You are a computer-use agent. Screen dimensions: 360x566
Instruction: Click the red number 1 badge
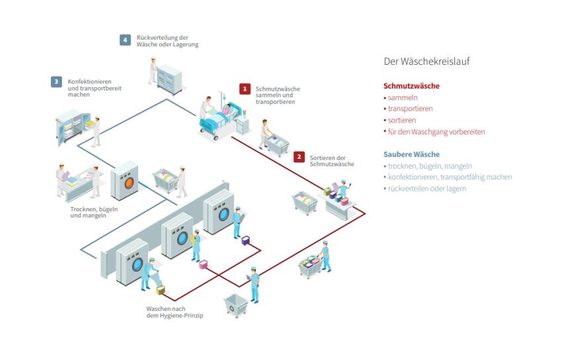click(x=245, y=88)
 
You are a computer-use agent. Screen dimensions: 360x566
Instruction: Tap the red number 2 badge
click(x=299, y=157)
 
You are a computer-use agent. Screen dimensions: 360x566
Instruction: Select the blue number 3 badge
click(x=57, y=82)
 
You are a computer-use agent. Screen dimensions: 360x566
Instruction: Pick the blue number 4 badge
click(x=125, y=40)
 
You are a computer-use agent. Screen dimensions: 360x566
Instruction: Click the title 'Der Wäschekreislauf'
click(x=426, y=62)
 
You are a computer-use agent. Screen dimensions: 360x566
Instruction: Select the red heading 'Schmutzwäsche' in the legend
click(x=411, y=86)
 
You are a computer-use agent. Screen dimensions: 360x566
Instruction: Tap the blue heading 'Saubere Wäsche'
click(x=411, y=154)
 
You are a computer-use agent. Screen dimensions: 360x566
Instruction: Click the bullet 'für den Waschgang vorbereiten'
click(x=436, y=132)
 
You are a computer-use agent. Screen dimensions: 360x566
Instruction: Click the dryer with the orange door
click(x=128, y=180)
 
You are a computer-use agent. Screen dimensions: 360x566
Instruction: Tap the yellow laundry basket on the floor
click(x=161, y=290)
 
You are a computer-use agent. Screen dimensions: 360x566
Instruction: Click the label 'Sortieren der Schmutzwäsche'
click(x=332, y=160)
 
